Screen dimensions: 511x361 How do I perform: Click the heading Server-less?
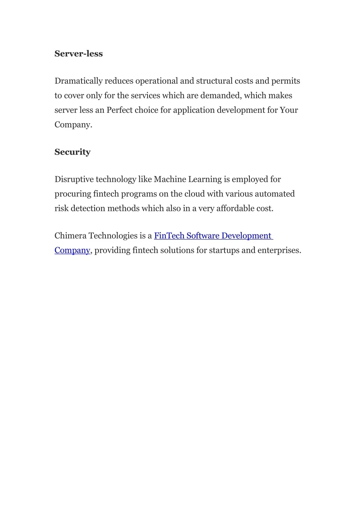[x=79, y=54]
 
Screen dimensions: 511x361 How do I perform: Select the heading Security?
[x=72, y=152]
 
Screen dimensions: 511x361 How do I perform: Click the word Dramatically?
[x=78, y=81]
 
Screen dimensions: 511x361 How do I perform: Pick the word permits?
[x=285, y=81]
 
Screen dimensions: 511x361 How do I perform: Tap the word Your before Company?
[x=289, y=110]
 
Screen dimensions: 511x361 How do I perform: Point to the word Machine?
[x=170, y=179]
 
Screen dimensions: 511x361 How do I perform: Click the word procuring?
[x=73, y=194]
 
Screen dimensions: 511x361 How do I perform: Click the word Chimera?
[x=70, y=236]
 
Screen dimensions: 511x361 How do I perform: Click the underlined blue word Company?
[x=72, y=250]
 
